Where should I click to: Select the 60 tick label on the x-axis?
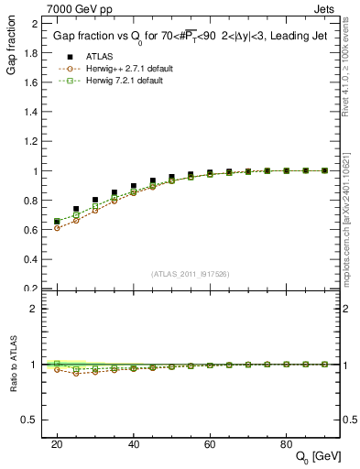(210, 443)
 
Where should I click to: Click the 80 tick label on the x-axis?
(286, 443)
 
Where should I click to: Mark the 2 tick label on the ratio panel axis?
(33, 309)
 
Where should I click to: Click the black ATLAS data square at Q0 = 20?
(57, 222)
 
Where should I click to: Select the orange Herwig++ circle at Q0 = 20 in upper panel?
(57, 228)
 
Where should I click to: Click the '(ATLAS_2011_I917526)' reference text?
(190, 273)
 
